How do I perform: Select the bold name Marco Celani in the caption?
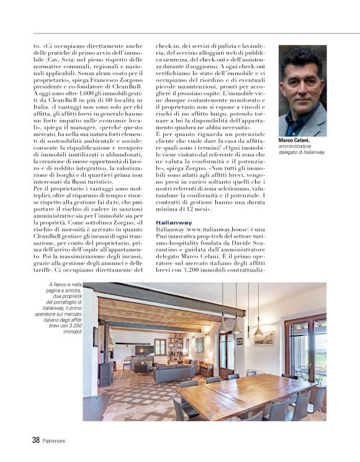pyautogui.click(x=294, y=141)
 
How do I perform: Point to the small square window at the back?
pyautogui.click(x=160, y=346)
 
